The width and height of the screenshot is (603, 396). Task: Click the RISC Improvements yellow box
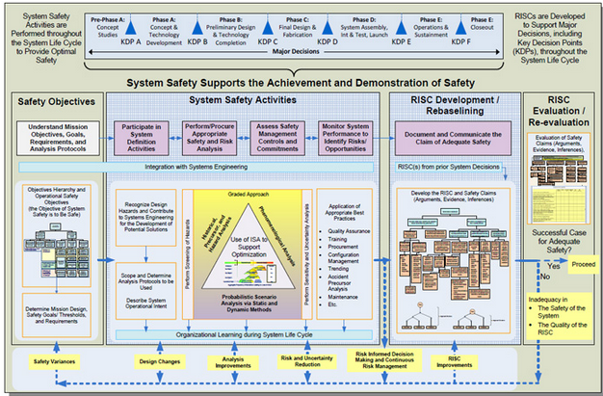(447, 365)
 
